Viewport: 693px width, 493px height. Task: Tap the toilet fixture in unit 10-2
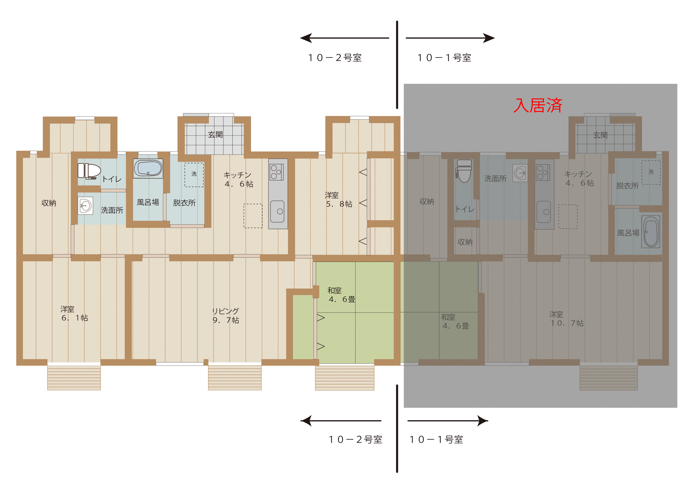89,171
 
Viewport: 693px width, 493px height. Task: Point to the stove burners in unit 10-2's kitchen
276,172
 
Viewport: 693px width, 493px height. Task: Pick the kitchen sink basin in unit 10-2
277,211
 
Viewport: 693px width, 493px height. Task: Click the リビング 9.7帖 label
225,315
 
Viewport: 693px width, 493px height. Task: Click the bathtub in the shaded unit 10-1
651,231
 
